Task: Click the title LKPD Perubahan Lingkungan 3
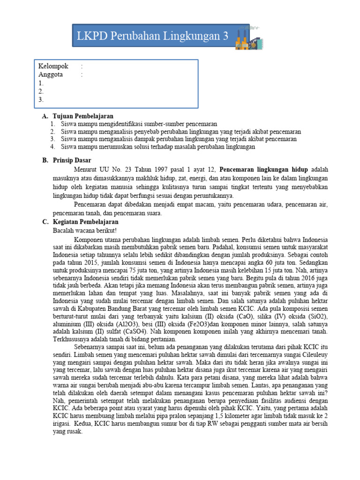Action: (153, 36)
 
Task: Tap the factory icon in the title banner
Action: (247, 37)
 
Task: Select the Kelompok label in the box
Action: (53, 66)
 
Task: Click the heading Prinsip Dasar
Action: (72, 160)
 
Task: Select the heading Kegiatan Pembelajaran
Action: (86, 222)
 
